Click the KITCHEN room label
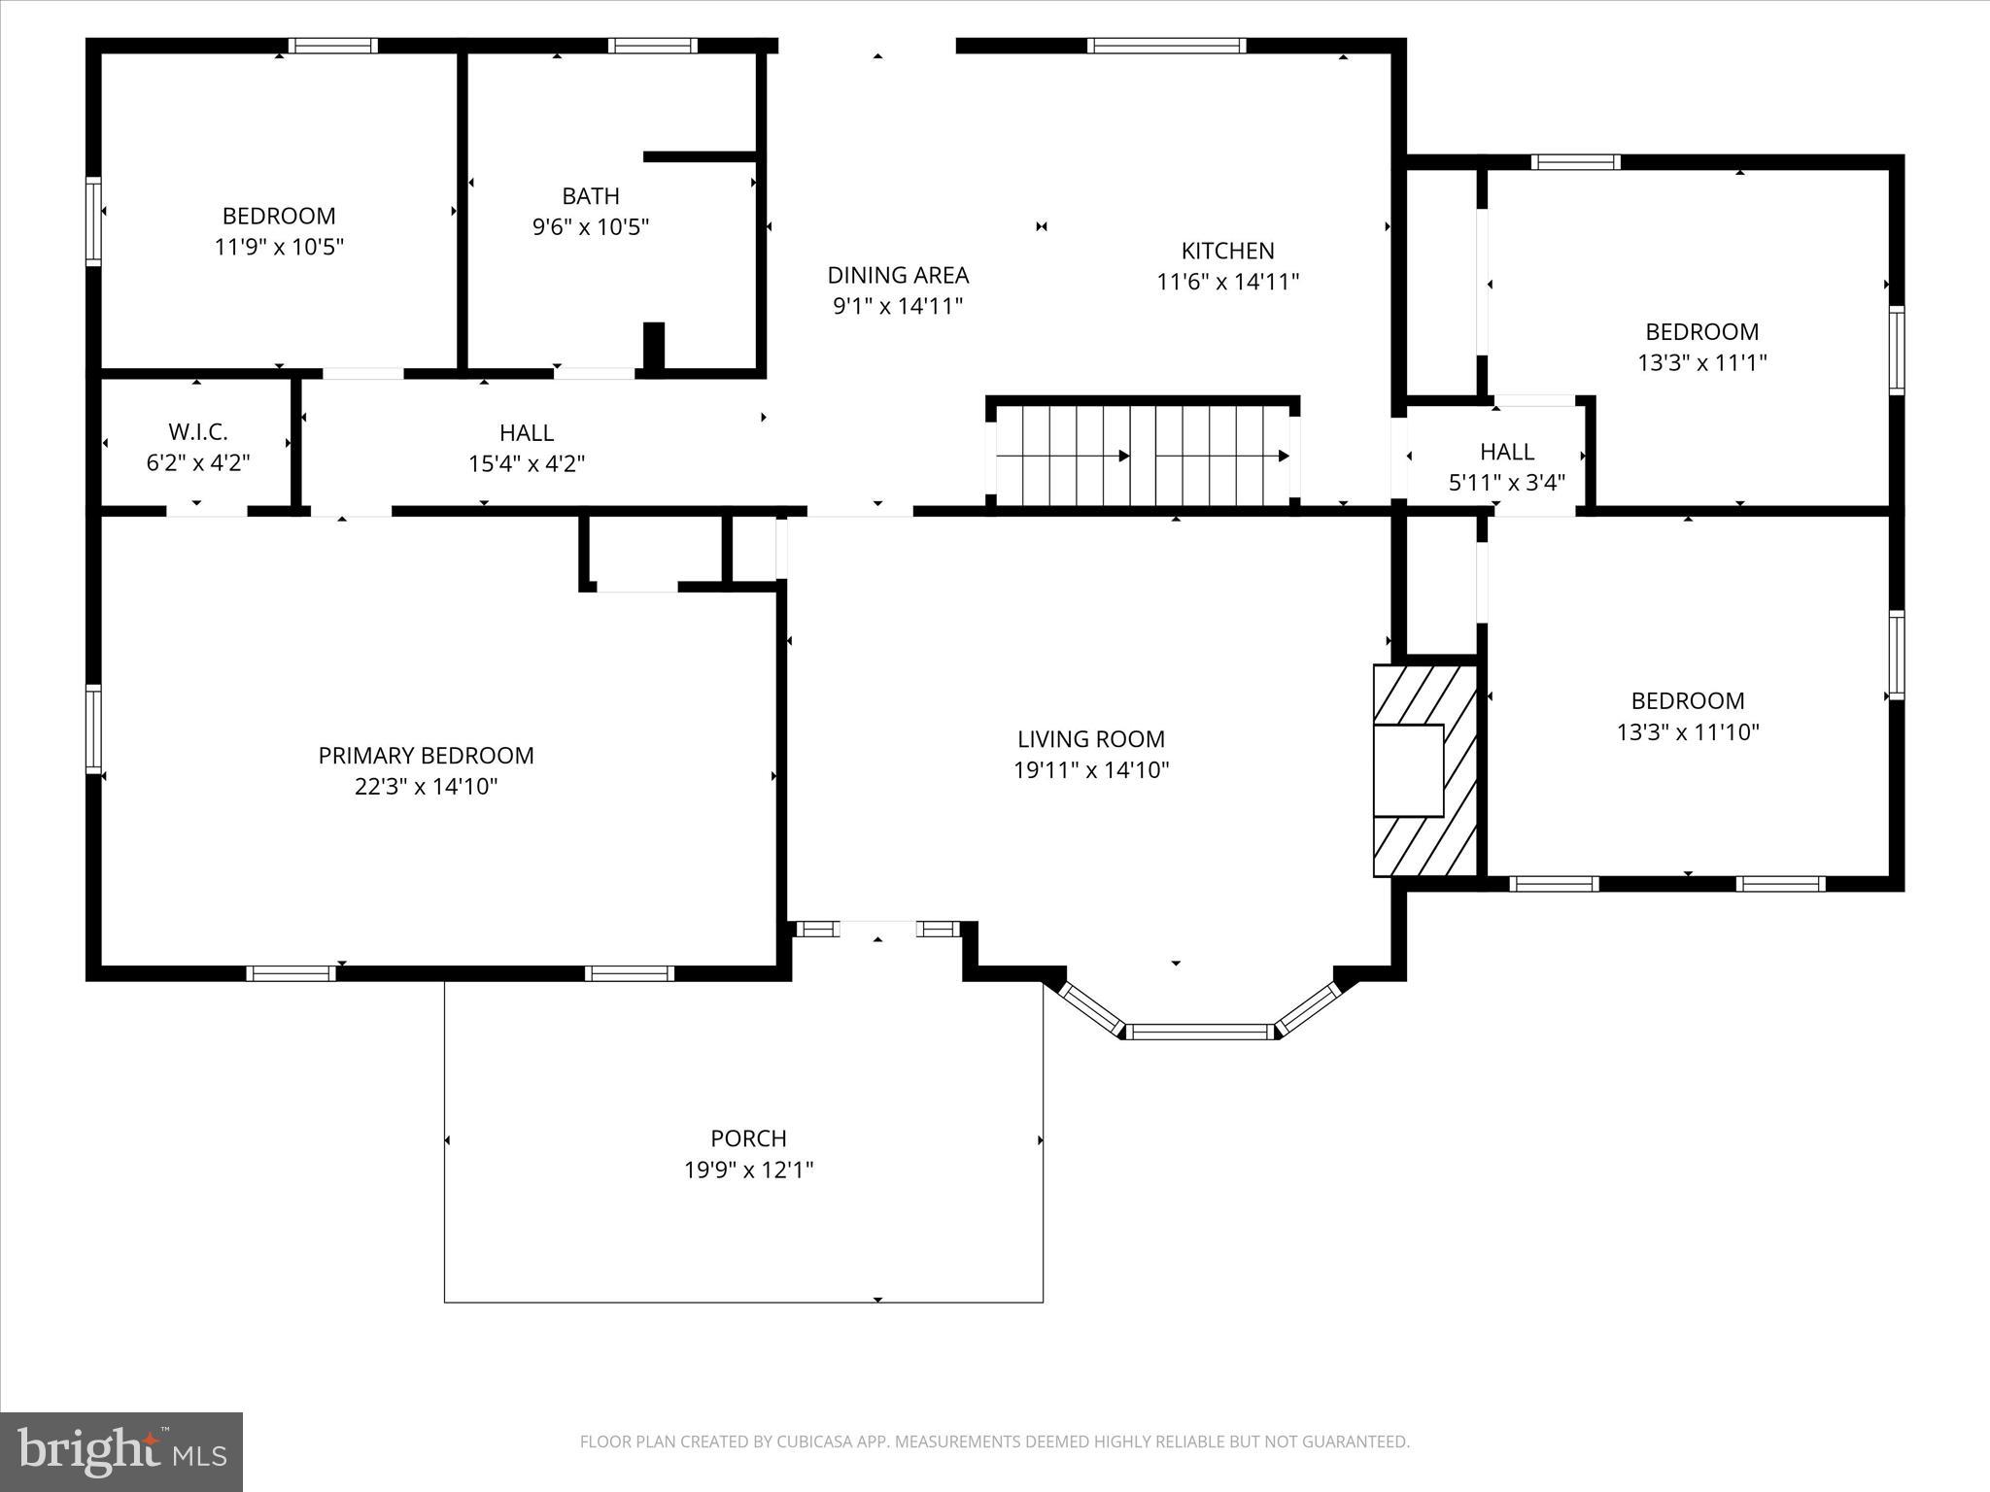(x=1227, y=251)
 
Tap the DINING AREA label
(x=898, y=275)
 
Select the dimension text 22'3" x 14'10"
(x=426, y=786)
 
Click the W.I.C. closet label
(x=198, y=432)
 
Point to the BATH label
(x=591, y=196)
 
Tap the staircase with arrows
(x=1143, y=456)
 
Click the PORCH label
(x=748, y=1137)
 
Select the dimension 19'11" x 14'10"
(x=1090, y=770)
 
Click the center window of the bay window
(x=1201, y=1032)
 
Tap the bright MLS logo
(x=121, y=1452)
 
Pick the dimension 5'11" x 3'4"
(x=1506, y=483)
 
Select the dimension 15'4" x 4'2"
(x=527, y=463)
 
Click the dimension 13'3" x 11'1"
(x=1701, y=362)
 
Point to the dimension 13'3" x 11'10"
(x=1688, y=731)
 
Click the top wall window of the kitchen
(x=1166, y=46)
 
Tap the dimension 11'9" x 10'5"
(x=279, y=247)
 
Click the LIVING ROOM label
(x=1090, y=739)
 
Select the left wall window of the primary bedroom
(x=94, y=729)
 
